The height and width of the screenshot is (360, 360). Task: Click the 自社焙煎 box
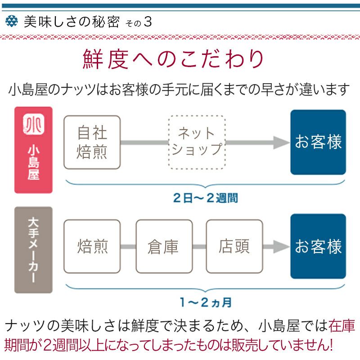pyautogui.click(x=92, y=142)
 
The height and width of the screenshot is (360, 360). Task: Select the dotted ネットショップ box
pyautogui.click(x=197, y=142)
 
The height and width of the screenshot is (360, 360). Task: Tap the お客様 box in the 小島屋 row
pyautogui.click(x=318, y=142)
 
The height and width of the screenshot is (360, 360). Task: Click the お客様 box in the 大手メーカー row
pyautogui.click(x=318, y=247)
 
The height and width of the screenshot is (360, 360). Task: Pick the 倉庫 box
pyautogui.click(x=163, y=247)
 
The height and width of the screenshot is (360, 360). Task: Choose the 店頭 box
pyautogui.click(x=234, y=247)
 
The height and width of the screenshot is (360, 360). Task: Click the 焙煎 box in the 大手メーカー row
pyautogui.click(x=92, y=247)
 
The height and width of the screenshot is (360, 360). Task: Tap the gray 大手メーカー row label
pyautogui.click(x=33, y=250)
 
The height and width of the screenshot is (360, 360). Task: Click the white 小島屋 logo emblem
pyautogui.click(x=33, y=125)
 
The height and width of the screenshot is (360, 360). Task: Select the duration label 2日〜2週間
pyautogui.click(x=205, y=198)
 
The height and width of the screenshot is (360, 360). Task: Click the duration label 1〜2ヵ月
pyautogui.click(x=205, y=302)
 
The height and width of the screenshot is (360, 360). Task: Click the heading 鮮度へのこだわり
pyautogui.click(x=173, y=59)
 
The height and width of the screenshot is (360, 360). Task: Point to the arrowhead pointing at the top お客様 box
pyautogui.click(x=282, y=143)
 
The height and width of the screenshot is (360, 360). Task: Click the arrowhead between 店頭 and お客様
pyautogui.click(x=282, y=247)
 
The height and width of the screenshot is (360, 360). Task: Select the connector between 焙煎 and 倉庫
pyautogui.click(x=128, y=247)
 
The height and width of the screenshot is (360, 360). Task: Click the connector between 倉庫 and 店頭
pyautogui.click(x=198, y=247)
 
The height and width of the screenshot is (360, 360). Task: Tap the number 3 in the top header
pyautogui.click(x=147, y=22)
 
